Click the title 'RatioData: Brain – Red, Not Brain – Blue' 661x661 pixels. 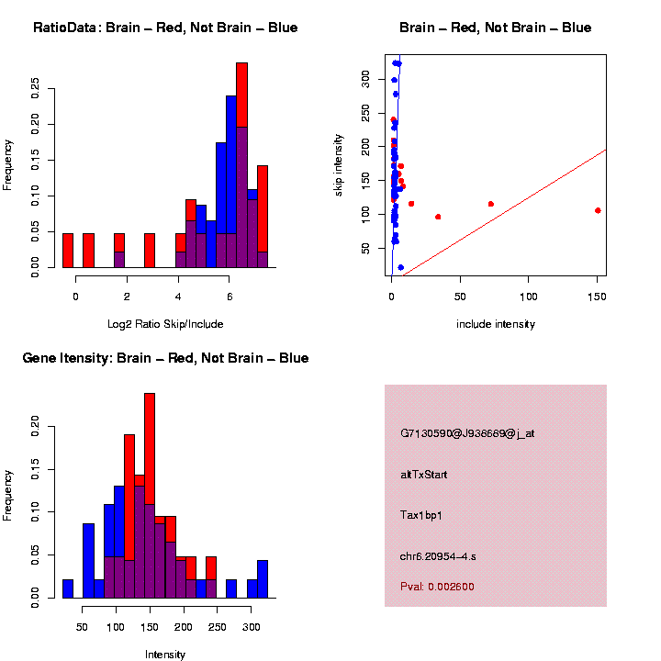165,28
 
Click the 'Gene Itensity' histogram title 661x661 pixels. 165,358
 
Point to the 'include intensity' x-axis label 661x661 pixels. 496,324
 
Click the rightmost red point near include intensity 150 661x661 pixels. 598,210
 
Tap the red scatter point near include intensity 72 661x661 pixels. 491,204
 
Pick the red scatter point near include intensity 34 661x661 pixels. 438,217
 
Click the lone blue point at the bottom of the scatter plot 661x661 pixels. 400,267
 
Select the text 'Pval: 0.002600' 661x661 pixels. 437,587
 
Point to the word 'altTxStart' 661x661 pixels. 424,475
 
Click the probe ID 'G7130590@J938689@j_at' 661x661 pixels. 467,433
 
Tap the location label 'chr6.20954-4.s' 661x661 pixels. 438,556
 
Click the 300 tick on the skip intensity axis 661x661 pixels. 366,79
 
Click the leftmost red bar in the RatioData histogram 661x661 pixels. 68,250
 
